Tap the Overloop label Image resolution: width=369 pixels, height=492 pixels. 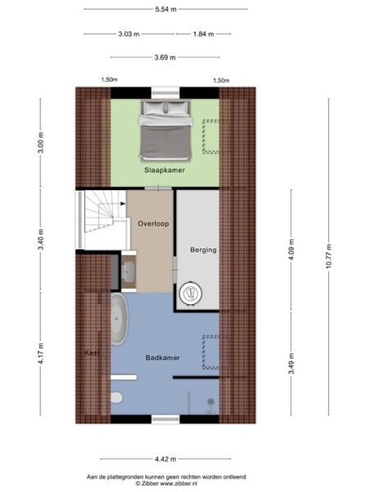pos(153,223)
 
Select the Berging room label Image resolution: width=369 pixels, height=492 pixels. pos(203,250)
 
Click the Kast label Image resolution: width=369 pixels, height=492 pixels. pos(92,353)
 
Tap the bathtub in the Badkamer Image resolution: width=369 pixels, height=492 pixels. pos(120,321)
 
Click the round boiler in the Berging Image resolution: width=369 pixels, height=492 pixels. pos(190,293)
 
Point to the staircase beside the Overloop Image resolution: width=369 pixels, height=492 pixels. pos(102,217)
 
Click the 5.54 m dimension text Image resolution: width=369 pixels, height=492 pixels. pos(166,9)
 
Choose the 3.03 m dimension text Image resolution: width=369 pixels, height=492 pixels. pos(129,34)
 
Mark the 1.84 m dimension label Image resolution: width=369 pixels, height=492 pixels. pos(203,34)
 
